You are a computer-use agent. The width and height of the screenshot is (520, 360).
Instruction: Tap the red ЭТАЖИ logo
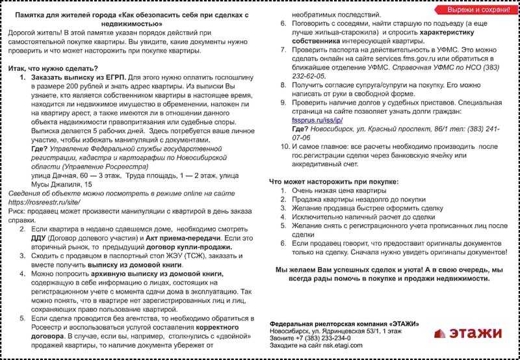click(469, 333)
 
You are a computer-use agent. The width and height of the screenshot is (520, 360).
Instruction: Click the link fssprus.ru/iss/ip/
click(314, 121)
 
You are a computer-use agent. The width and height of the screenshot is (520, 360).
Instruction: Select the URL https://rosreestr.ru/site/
click(38, 202)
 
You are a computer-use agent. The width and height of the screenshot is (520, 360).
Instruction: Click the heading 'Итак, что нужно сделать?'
click(53, 68)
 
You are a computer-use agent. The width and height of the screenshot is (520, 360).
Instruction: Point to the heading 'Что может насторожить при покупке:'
click(334, 182)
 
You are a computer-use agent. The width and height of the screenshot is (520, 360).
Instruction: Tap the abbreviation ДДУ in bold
click(40, 238)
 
